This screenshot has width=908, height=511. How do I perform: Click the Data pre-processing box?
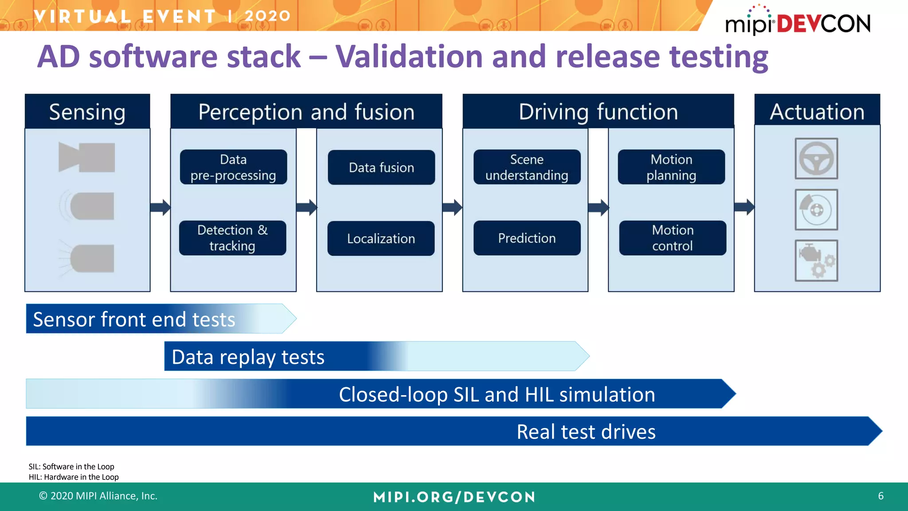coord(233,167)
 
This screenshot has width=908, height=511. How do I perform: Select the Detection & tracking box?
coord(232,238)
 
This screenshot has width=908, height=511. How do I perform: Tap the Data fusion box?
coord(381,167)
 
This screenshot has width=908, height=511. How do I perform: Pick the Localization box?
coord(381,238)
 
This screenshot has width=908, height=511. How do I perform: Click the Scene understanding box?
coord(527,167)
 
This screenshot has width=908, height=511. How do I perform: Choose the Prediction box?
coord(527,238)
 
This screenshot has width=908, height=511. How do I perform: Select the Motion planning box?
coord(671,167)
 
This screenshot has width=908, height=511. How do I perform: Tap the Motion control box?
coord(673,238)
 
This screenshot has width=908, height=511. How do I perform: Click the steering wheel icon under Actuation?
coord(816,158)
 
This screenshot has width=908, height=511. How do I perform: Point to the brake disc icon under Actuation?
coord(816,209)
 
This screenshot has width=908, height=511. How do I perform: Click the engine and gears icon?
coord(816,261)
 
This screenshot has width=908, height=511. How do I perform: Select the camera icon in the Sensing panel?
coord(87,157)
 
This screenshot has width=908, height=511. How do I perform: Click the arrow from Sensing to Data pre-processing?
coord(160,207)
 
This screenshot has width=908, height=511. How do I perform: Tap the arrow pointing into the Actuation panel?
coord(744,207)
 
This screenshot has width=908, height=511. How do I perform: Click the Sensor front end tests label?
coord(134,319)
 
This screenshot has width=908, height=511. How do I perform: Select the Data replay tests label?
coord(248,357)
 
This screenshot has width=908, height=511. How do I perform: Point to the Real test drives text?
coord(586,432)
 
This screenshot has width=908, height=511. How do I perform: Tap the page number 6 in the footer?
coord(881,496)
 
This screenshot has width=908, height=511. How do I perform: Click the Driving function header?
coord(598,112)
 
